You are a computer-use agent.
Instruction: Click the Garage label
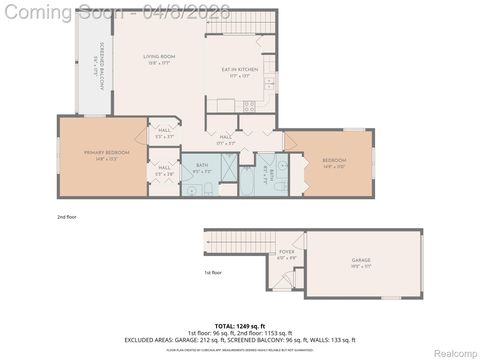[x=360, y=262]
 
